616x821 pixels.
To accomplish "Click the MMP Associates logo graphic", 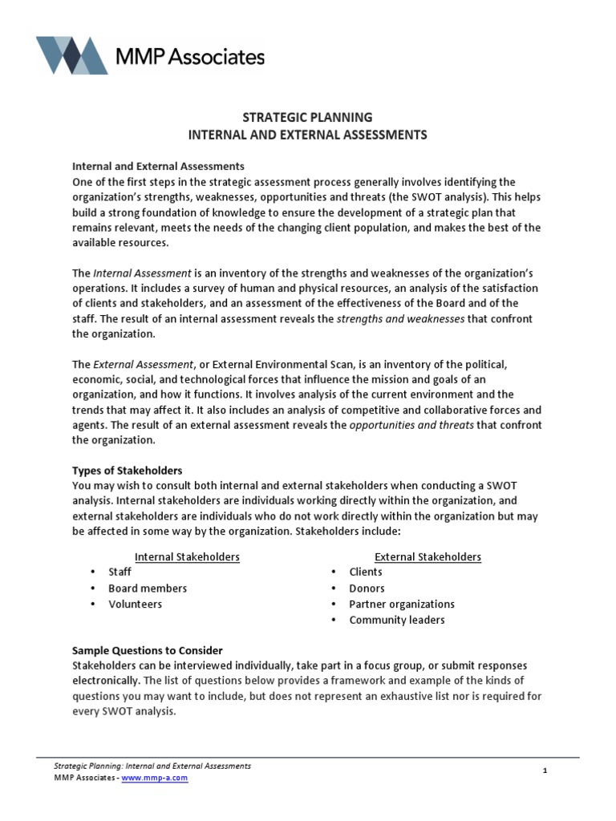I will pyautogui.click(x=72, y=55).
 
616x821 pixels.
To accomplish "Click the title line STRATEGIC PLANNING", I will pyautogui.click(x=307, y=118).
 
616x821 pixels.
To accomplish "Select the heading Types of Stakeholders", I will pyautogui.click(x=128, y=470).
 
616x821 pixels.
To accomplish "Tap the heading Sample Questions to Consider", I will pyautogui.click(x=148, y=650).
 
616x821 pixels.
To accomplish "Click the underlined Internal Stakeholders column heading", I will pyautogui.click(x=187, y=556).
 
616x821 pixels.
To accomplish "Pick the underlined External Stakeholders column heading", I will pyautogui.click(x=428, y=556).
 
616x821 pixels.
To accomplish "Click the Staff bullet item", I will pyautogui.click(x=120, y=572).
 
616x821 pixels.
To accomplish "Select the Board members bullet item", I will pyautogui.click(x=148, y=588).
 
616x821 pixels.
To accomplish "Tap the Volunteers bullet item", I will pyautogui.click(x=135, y=605).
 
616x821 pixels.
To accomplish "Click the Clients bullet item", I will pyautogui.click(x=366, y=572).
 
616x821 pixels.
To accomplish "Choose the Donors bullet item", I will pyautogui.click(x=367, y=588).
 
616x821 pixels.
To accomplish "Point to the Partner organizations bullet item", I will pyautogui.click(x=402, y=605).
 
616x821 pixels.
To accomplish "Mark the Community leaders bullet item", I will pyautogui.click(x=397, y=621).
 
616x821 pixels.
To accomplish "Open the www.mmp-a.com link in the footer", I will pyautogui.click(x=155, y=778).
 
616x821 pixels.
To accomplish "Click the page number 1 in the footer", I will pyautogui.click(x=545, y=771).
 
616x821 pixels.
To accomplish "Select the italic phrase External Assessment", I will pyautogui.click(x=141, y=364).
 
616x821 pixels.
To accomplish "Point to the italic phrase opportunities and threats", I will pyautogui.click(x=412, y=425).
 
